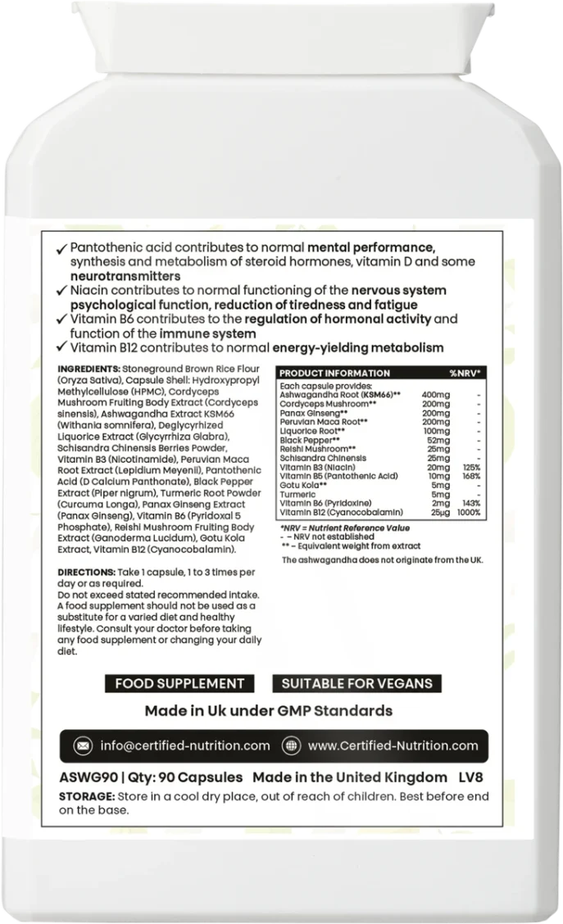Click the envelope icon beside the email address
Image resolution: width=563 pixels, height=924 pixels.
(83, 745)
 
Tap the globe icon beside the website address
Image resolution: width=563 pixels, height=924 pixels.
(288, 745)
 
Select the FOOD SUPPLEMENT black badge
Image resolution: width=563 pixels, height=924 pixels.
(179, 683)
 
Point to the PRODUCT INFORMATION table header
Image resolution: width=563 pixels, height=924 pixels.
(324, 373)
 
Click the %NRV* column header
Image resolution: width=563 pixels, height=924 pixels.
(464, 373)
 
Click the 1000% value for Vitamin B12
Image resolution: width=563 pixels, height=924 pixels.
(469, 512)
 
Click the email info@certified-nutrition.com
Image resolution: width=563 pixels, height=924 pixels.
(184, 745)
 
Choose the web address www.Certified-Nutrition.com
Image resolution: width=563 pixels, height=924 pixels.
(393, 745)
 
